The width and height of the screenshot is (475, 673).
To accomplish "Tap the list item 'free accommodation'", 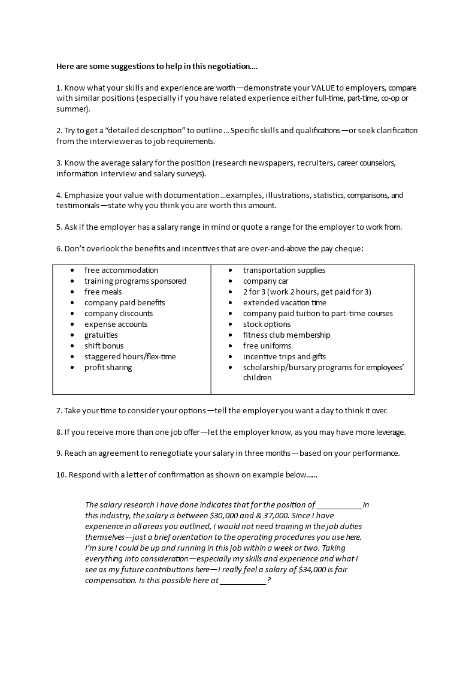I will pos(121,271).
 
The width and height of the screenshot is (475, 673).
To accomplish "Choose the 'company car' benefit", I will pos(265,281).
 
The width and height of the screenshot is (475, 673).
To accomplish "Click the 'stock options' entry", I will pos(267,325).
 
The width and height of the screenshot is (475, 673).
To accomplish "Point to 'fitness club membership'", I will pos(286,335).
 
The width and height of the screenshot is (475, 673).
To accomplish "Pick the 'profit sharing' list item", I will pos(108,368).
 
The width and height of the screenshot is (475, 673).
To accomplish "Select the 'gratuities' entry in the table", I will pos(101,335).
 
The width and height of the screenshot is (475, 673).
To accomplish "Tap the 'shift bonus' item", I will pos(104,346).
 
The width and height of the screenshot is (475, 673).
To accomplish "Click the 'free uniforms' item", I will pos(267,346).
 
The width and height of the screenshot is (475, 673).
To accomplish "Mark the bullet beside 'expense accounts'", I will pos(72,325).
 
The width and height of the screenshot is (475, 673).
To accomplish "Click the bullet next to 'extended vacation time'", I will pos(231,303).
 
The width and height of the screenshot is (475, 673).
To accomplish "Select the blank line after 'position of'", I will pos(339,505).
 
